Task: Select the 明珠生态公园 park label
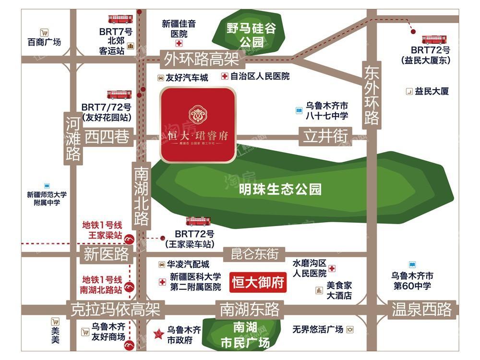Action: point(280,189)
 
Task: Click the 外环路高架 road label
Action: point(202,60)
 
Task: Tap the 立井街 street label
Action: point(325,136)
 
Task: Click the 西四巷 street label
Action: point(107,137)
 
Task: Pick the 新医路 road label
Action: point(107,254)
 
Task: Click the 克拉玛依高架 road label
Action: point(115,309)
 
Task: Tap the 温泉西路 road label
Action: point(421,309)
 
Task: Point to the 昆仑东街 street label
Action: point(254,253)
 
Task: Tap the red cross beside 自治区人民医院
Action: point(225,76)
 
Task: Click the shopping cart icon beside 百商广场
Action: point(44,33)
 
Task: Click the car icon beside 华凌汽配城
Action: point(161,264)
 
